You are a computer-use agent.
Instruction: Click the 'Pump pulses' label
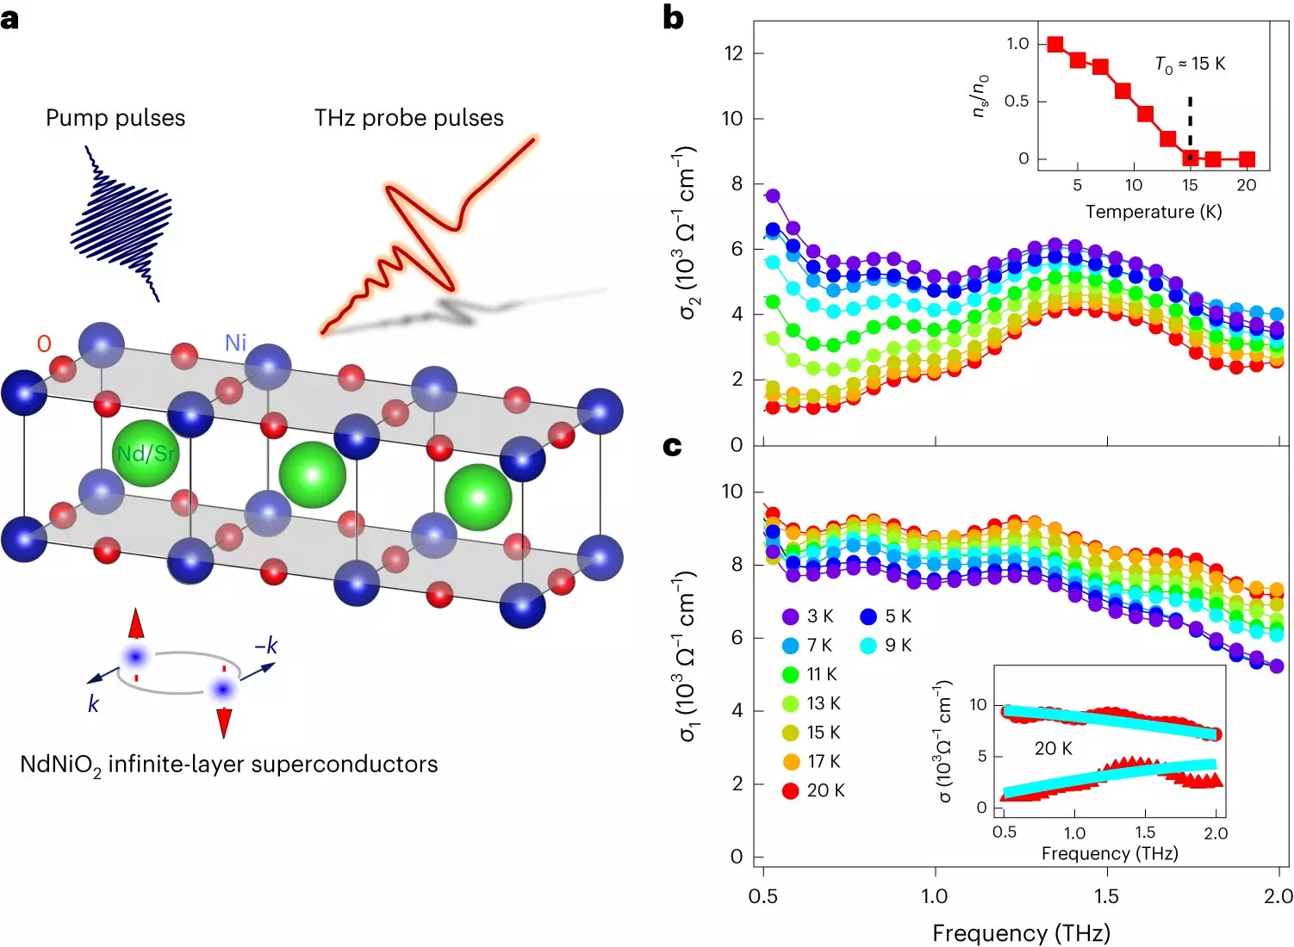pos(115,118)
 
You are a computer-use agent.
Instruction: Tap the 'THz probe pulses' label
pos(408,118)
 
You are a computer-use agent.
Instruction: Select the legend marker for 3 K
pos(791,616)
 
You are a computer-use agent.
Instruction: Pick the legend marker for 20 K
pos(791,790)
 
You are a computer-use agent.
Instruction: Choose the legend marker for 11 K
pos(791,674)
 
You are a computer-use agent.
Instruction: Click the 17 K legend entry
pos(811,761)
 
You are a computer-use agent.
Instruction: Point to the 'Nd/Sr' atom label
pos(146,453)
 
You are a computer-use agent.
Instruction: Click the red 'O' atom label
pos(44,344)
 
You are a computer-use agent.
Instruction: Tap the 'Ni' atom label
pos(235,343)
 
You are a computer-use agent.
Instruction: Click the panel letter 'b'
pos(674,17)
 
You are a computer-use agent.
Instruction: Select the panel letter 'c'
pos(673,446)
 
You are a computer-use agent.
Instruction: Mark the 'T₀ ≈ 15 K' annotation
pos(1190,65)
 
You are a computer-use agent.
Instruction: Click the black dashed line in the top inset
pos(1190,123)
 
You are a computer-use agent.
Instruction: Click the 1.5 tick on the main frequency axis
pos(1106,896)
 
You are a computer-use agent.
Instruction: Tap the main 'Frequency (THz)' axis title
pos(1021,933)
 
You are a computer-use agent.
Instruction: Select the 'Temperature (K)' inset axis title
pos(1154,212)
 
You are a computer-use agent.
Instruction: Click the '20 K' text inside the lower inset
pos(1053,749)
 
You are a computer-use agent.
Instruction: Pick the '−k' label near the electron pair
pos(266,645)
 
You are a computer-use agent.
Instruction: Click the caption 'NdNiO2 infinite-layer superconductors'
pos(229,764)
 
